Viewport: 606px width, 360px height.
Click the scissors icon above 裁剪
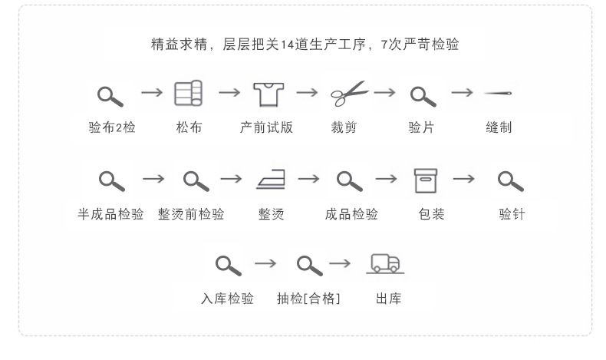pos(349,94)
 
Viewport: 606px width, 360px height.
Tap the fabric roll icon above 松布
pos(189,94)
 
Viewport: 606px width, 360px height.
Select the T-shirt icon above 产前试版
pos(267,94)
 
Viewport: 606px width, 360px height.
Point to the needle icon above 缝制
pos(499,94)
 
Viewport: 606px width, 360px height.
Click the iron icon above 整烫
pos(272,181)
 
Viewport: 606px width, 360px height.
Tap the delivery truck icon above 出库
pos(386,264)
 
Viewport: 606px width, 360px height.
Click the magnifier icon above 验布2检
pos(111,96)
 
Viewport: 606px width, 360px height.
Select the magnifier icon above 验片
pos(423,96)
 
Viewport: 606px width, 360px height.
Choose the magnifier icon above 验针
pos(510,181)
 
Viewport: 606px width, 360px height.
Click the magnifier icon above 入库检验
pos(228,266)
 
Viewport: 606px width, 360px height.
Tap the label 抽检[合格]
pos(308,299)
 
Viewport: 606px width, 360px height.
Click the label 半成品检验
pos(110,214)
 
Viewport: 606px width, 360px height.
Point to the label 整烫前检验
pos(191,214)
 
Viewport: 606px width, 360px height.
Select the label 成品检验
pos(351,214)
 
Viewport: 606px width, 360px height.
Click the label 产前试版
pos(266,127)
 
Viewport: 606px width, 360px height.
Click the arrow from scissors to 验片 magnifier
pos(385,93)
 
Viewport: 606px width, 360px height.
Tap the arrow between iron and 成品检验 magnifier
pos(308,179)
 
